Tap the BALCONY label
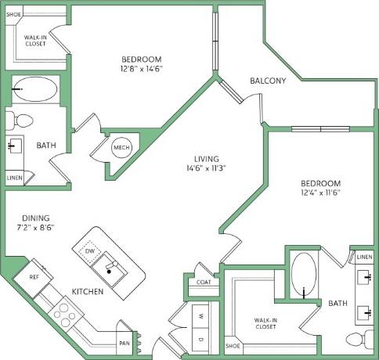268,81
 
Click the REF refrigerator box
34,276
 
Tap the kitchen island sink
109,271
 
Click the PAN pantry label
125,343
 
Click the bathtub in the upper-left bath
35,90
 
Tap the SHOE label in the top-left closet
13,14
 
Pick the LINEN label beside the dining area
14,178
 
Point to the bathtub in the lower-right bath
303,277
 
